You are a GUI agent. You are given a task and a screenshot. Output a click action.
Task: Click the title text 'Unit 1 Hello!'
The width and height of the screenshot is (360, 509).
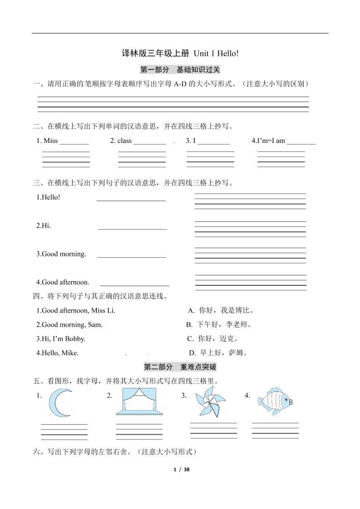(216, 54)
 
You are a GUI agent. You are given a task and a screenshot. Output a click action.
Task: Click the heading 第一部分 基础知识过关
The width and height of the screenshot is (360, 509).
(180, 70)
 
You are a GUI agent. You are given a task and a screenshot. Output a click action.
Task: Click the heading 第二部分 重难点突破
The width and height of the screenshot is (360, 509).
(180, 367)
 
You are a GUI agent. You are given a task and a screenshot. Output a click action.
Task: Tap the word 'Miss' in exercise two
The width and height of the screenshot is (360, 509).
(50, 141)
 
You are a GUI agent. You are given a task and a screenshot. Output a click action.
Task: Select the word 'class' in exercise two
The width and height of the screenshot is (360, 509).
(124, 141)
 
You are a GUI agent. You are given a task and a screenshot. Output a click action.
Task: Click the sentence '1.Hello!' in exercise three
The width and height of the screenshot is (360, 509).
(48, 197)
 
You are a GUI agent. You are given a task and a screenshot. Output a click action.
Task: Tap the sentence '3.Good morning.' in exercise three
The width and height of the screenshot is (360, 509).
(61, 254)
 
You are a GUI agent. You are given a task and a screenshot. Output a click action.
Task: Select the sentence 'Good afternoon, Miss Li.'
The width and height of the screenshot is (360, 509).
(76, 311)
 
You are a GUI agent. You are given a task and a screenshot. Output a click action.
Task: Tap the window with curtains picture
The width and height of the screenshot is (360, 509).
(137, 401)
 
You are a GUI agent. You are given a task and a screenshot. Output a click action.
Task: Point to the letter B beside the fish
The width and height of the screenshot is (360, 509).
(291, 402)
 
